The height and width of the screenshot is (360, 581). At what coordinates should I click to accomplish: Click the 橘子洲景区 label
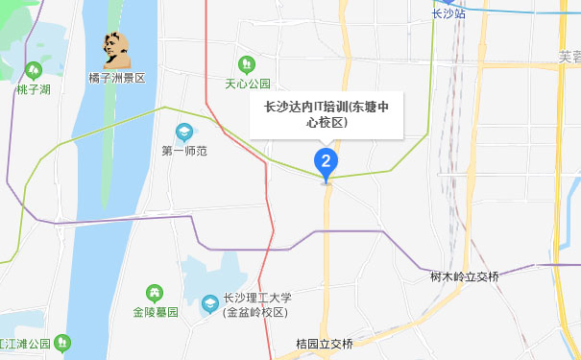[x=115, y=78]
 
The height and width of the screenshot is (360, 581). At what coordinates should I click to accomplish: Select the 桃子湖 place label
[x=34, y=89]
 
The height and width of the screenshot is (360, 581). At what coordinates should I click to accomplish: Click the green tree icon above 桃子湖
[x=34, y=70]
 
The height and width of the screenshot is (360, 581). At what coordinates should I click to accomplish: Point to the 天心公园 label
[x=249, y=84]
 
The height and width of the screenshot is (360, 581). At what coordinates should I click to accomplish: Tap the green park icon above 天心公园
[x=249, y=65]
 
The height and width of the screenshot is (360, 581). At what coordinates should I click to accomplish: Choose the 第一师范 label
[x=184, y=151]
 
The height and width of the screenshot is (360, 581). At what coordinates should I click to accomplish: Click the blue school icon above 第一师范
[x=184, y=132]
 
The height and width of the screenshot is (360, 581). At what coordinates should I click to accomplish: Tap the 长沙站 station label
[x=448, y=14]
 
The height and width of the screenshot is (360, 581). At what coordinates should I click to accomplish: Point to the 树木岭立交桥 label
[x=465, y=277]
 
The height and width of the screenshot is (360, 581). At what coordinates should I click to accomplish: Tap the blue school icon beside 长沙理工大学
[x=209, y=305]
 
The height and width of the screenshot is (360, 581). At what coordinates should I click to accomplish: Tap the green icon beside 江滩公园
[x=62, y=342]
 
